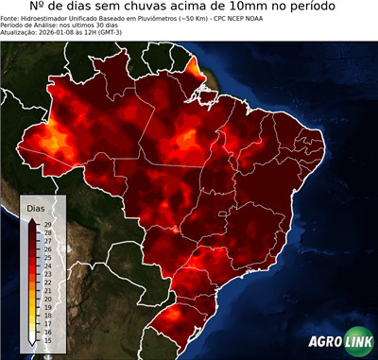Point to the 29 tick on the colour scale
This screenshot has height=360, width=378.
click(x=47, y=224)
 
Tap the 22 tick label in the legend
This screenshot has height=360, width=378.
click(x=47, y=282)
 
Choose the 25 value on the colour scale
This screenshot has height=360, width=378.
click(x=47, y=257)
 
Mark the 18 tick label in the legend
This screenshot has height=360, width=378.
click(x=47, y=315)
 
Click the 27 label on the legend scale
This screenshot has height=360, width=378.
click(x=47, y=241)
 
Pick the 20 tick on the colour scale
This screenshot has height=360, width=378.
click(x=47, y=299)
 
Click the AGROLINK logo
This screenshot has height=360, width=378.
click(x=341, y=343)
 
